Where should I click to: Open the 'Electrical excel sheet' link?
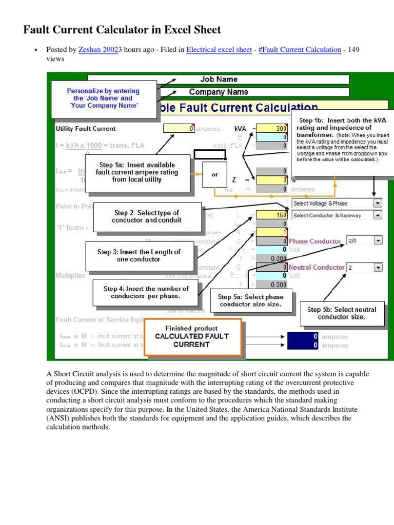[219, 50]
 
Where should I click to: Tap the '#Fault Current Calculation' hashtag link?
[300, 50]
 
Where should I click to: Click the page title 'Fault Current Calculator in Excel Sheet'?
[122, 30]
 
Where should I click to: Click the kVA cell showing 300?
[272, 128]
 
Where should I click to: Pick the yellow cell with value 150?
[272, 215]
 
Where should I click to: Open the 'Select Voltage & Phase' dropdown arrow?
[378, 203]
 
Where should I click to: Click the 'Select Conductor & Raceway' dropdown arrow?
[378, 215]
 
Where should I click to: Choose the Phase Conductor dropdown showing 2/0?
[378, 240]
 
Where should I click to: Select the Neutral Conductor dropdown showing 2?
[378, 267]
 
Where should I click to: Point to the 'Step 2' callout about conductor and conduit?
[146, 216]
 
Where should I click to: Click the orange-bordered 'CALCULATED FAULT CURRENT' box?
[192, 336]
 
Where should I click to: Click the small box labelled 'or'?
[214, 175]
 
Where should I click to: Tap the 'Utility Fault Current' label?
[86, 129]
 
